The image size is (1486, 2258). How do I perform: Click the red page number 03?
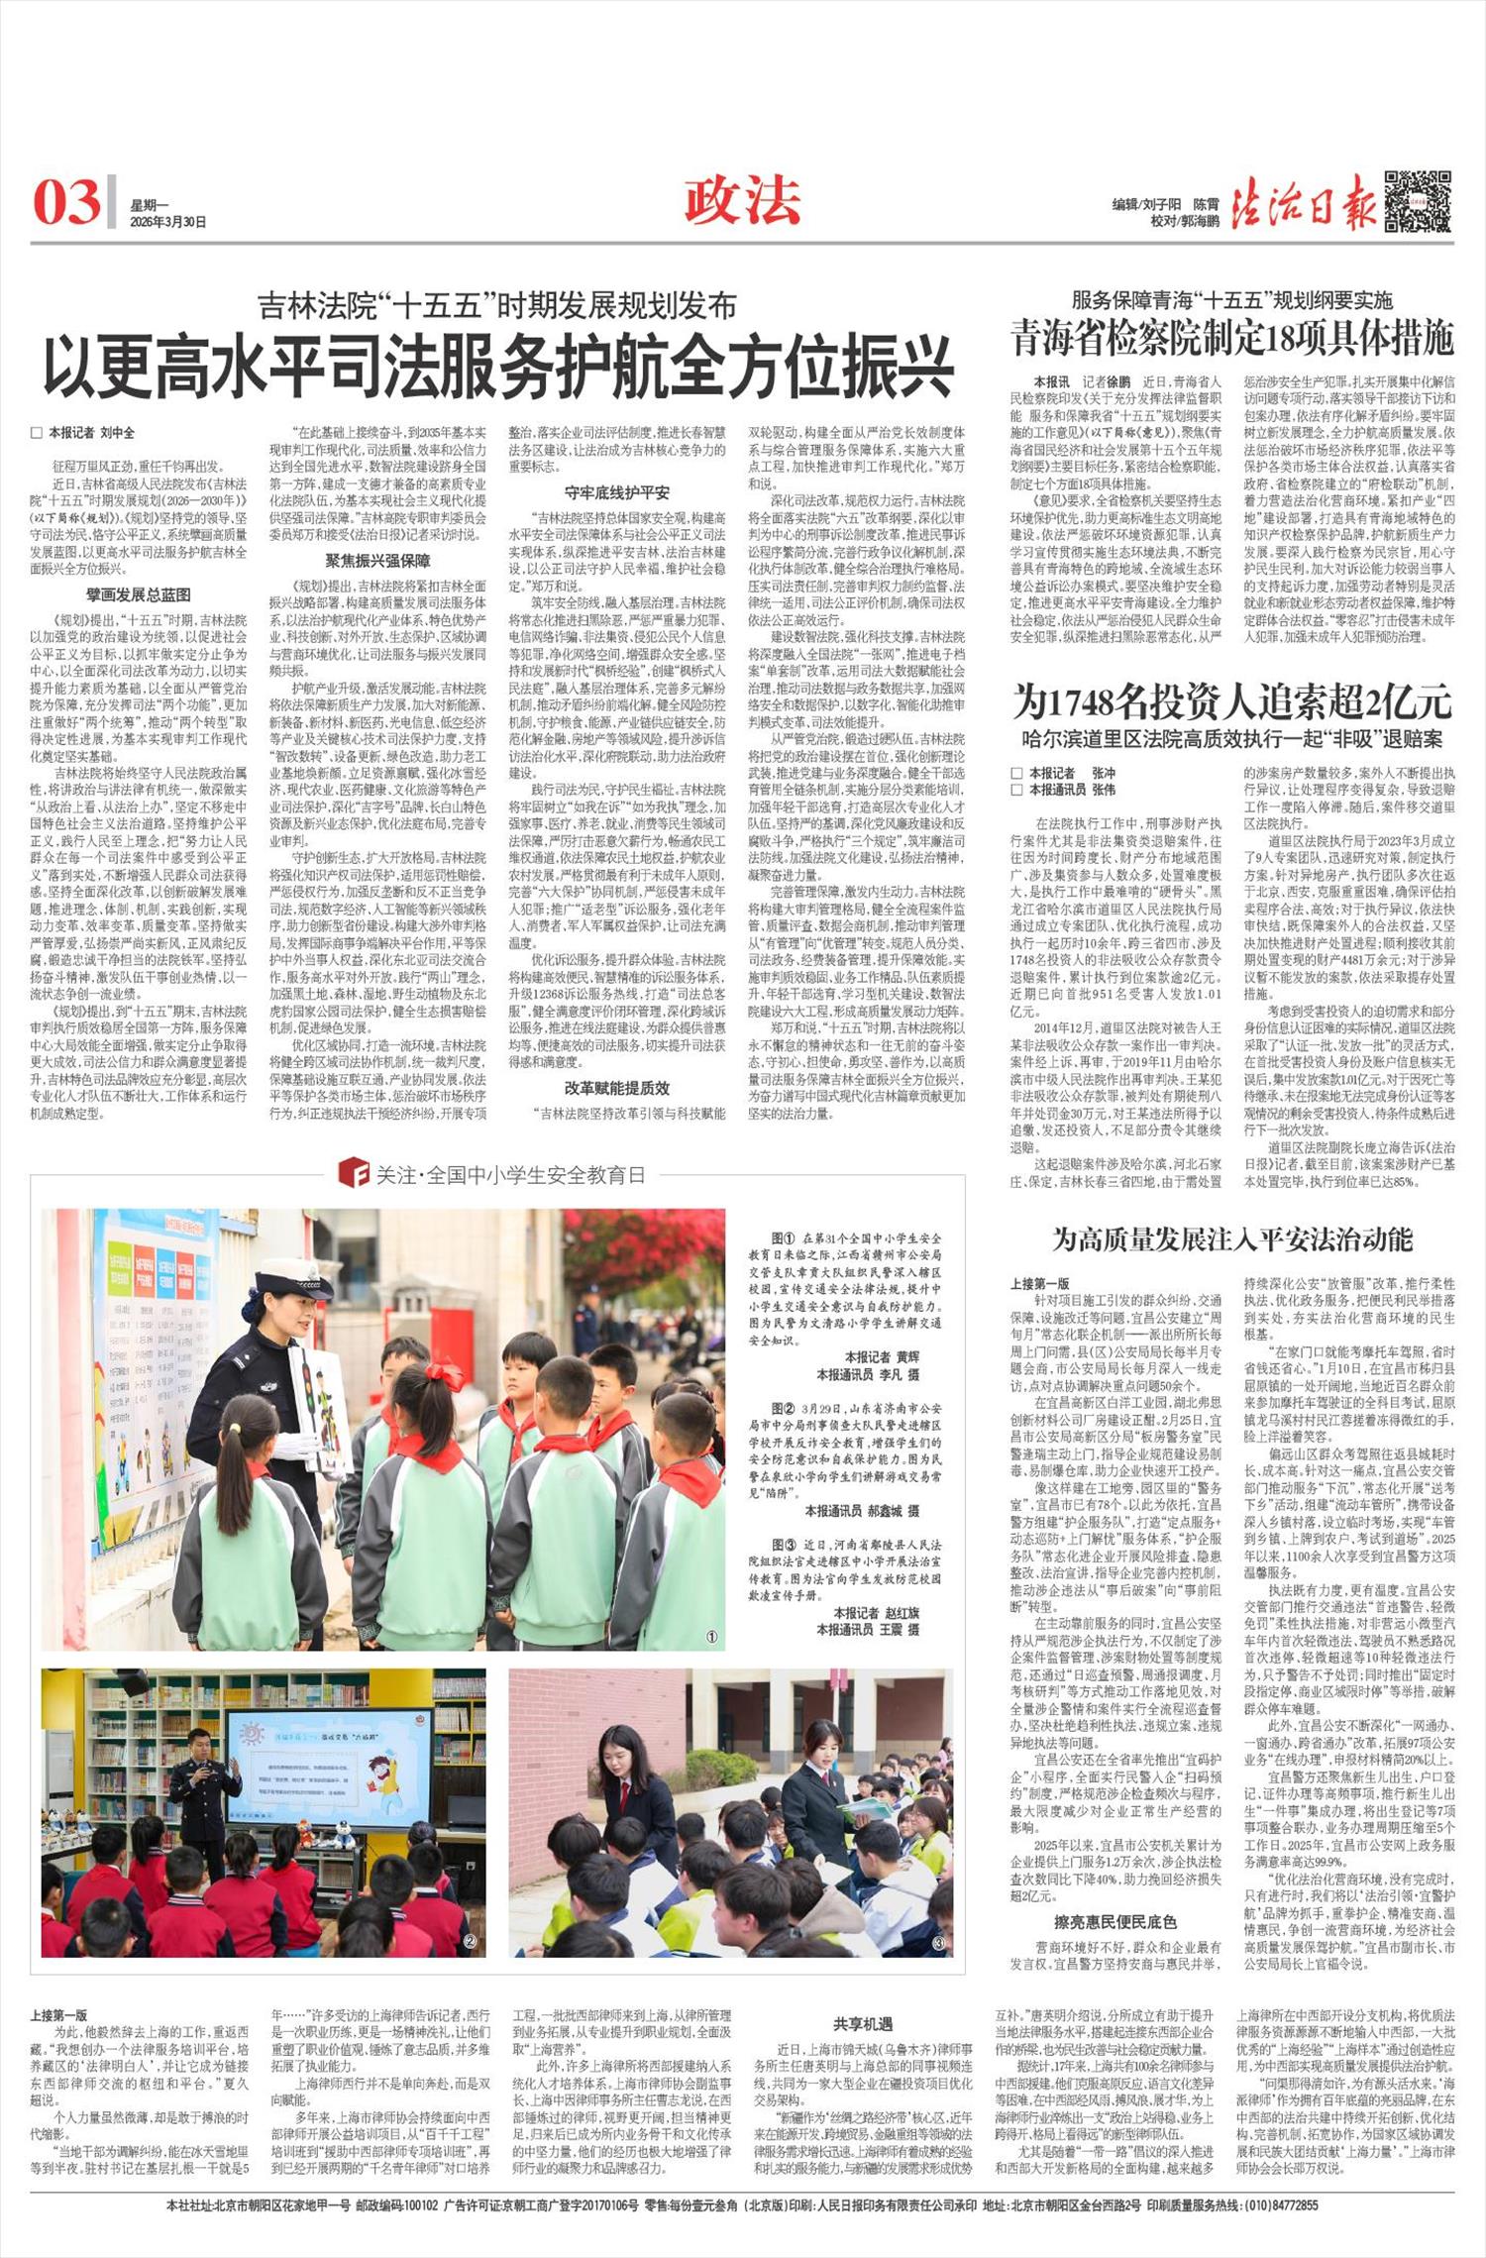tap(66, 201)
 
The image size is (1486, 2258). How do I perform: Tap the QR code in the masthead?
tap(1418, 201)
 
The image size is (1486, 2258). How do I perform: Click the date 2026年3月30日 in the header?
tap(167, 222)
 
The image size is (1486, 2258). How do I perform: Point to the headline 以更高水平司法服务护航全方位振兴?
tap(497, 366)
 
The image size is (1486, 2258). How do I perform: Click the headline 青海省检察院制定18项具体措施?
tap(1232, 338)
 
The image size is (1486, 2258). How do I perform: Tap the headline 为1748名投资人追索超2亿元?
tap(1232, 703)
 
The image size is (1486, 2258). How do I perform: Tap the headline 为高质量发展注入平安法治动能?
tap(1232, 1238)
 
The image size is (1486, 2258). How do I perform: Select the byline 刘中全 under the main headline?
tap(118, 433)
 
